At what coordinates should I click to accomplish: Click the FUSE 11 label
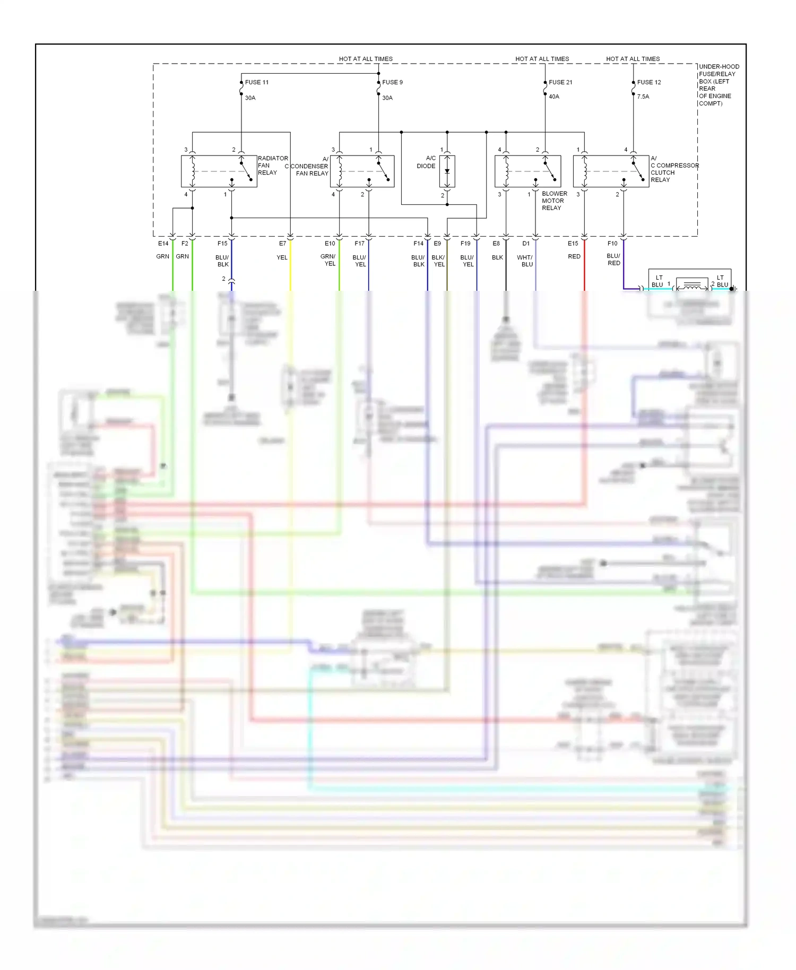pos(257,82)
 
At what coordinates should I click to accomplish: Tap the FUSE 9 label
pos(392,82)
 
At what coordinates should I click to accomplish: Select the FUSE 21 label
pos(560,82)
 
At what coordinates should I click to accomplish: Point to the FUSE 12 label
pos(649,82)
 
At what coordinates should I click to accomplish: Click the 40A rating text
pos(554,97)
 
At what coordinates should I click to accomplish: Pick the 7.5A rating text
pos(643,97)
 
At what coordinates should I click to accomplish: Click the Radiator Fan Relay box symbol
pos(219,171)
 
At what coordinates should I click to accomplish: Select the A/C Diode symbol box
pos(447,171)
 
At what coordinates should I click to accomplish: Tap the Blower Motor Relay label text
pos(554,201)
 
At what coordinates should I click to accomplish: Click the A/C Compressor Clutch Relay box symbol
pos(611,171)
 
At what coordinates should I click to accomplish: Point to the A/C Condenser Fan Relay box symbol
pos(362,171)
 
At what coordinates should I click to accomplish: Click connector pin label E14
pos(163,244)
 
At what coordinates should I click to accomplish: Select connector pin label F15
pos(222,244)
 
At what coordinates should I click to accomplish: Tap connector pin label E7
pos(283,244)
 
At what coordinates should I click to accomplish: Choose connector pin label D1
pos(526,244)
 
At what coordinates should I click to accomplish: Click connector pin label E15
pos(573,244)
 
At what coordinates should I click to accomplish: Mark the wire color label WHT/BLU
pos(525,261)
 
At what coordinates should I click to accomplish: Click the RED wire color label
pos(574,256)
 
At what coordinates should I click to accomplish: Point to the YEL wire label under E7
pos(282,257)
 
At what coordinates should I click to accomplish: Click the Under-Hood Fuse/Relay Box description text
pos(718,85)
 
